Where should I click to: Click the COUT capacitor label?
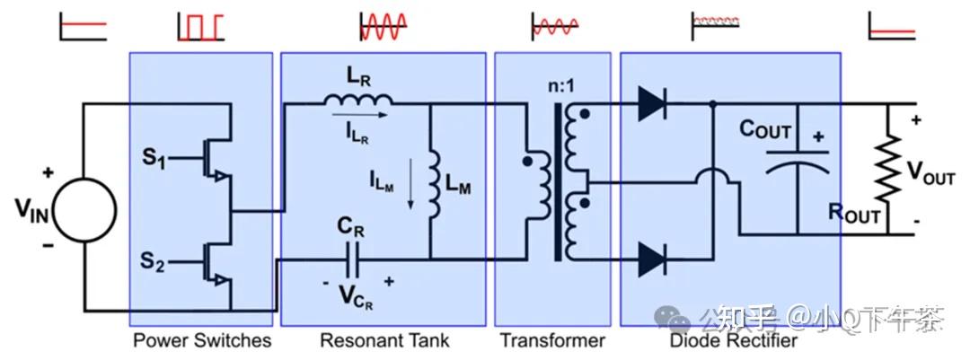pyautogui.click(x=764, y=130)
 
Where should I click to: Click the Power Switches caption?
pyautogui.click(x=201, y=340)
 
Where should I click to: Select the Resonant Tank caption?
pyautogui.click(x=384, y=340)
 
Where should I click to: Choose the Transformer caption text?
pyautogui.click(x=552, y=340)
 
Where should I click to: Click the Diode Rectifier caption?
pyautogui.click(x=733, y=340)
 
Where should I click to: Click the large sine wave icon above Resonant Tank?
pyautogui.click(x=384, y=26)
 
